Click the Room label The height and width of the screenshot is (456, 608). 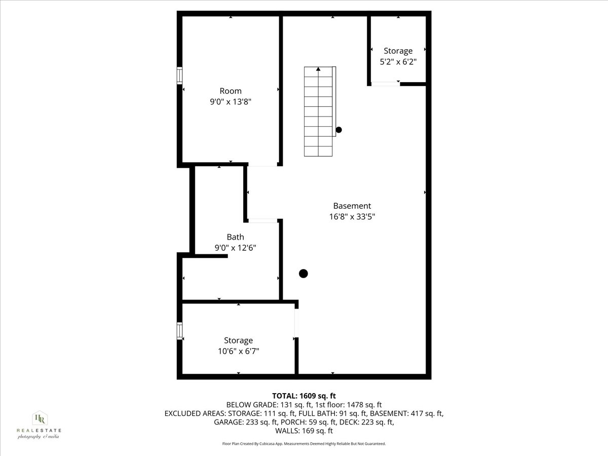click(x=231, y=91)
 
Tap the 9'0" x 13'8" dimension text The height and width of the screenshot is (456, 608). click(x=231, y=102)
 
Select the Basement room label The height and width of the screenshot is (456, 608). click(x=352, y=206)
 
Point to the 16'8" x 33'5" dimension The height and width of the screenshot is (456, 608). click(x=352, y=217)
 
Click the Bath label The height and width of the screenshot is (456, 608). click(x=235, y=237)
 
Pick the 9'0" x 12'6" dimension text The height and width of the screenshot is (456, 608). click(x=235, y=248)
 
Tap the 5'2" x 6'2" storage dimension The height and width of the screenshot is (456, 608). click(x=398, y=62)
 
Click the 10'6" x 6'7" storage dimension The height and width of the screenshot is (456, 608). click(x=238, y=351)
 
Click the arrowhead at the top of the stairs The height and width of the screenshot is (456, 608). click(x=318, y=69)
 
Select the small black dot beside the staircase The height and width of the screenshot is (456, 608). click(x=338, y=130)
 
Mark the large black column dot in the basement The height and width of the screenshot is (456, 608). click(x=303, y=274)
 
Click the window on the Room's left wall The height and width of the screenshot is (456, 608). click(x=179, y=75)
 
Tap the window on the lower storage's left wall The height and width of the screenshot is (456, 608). click(x=179, y=330)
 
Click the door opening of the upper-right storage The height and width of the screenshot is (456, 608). click(x=385, y=84)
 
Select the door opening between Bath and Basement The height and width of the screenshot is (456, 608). click(x=263, y=220)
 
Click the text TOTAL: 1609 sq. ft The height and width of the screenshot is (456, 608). click(x=304, y=396)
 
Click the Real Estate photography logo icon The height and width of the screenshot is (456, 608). click(x=39, y=419)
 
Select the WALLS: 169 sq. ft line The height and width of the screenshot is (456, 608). click(x=304, y=431)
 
